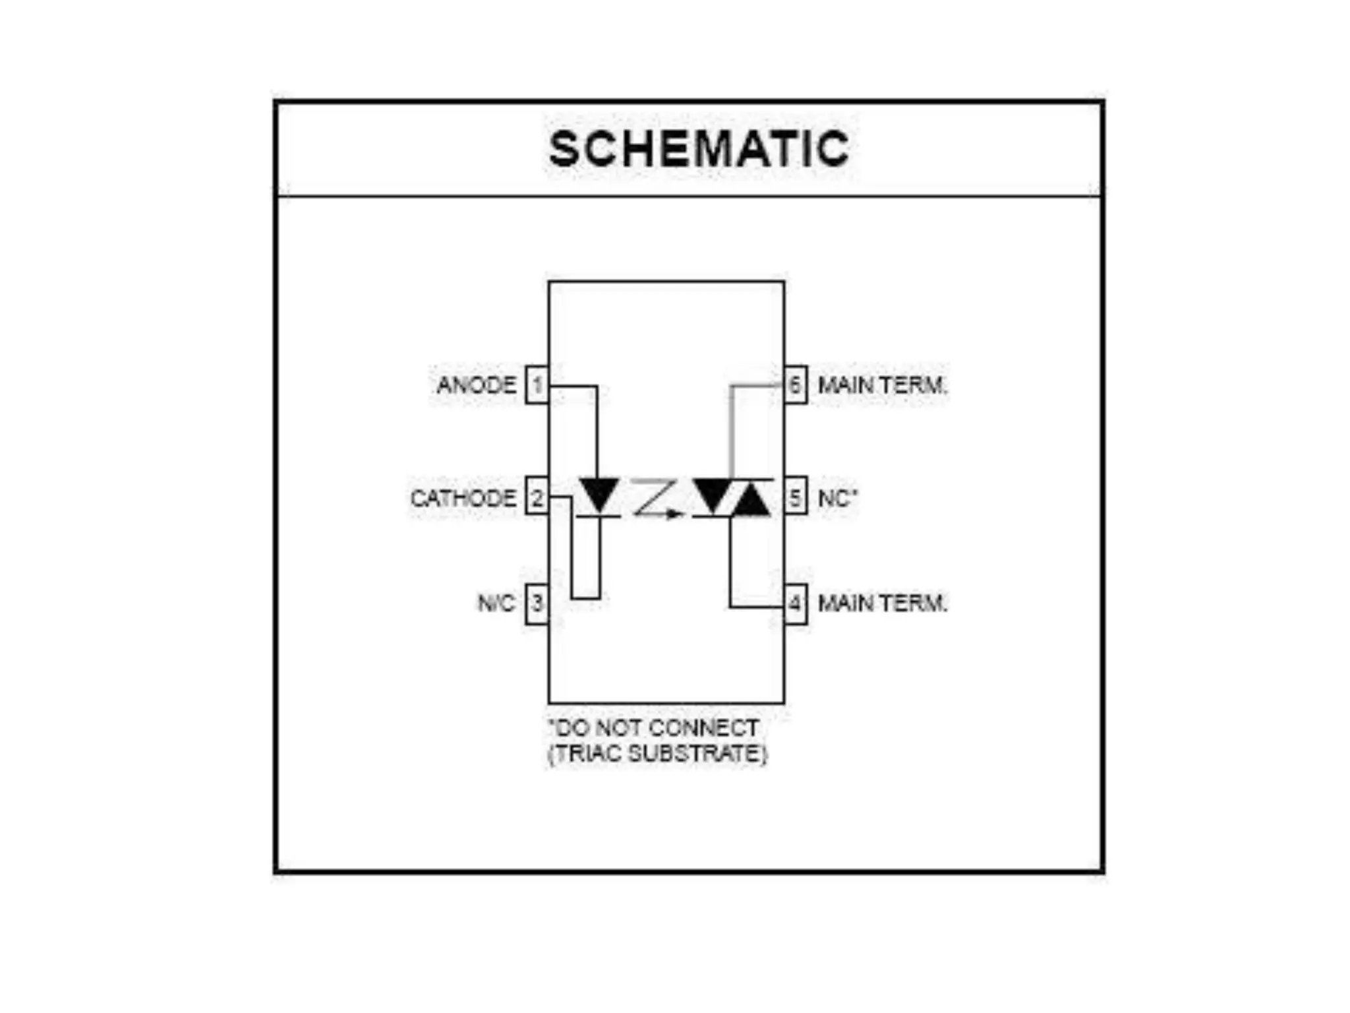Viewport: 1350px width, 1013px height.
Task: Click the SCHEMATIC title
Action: pyautogui.click(x=699, y=148)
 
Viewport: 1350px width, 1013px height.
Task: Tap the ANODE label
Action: pyautogui.click(x=476, y=384)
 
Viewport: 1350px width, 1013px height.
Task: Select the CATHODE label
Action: pyautogui.click(x=463, y=498)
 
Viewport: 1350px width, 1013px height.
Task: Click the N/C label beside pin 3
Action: pyautogui.click(x=496, y=603)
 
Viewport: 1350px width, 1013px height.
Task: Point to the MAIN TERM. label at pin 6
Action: pyautogui.click(x=882, y=385)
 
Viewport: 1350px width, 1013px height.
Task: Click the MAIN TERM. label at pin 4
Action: pyautogui.click(x=882, y=603)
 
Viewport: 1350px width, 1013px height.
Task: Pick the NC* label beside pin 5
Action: pyautogui.click(x=837, y=498)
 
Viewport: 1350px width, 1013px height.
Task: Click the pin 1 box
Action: pyautogui.click(x=537, y=384)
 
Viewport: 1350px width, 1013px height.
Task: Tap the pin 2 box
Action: pyautogui.click(x=537, y=497)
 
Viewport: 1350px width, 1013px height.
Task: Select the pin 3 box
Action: pyautogui.click(x=537, y=603)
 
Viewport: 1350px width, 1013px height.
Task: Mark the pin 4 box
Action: pyautogui.click(x=796, y=603)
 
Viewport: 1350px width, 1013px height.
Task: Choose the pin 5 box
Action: pyautogui.click(x=796, y=497)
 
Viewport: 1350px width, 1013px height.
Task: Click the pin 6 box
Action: pyautogui.click(x=796, y=384)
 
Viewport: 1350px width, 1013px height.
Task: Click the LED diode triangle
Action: pyautogui.click(x=599, y=493)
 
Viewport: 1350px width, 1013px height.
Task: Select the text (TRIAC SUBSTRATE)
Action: pyautogui.click(x=658, y=753)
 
